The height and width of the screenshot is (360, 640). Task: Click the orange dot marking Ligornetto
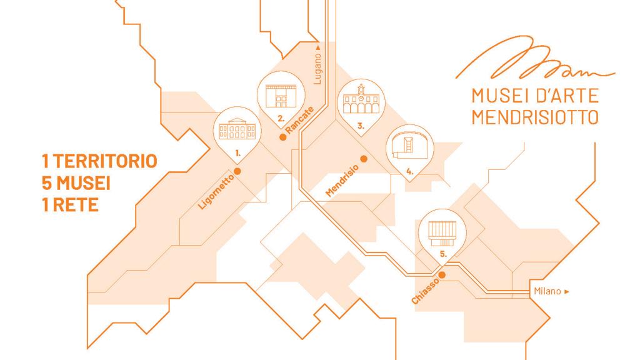(237, 171)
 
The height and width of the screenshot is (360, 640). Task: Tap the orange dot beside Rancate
(282, 137)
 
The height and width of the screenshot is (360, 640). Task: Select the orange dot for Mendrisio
(364, 159)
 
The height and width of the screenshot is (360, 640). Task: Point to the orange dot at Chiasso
(442, 275)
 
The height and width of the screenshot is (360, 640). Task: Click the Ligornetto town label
(216, 192)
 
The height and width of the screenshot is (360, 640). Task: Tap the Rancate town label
(300, 119)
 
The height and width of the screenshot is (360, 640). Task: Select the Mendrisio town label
(342, 181)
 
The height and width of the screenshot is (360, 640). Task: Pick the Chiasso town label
(425, 291)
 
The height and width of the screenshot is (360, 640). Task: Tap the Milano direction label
(551, 291)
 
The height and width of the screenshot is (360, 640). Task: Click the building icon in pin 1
(237, 129)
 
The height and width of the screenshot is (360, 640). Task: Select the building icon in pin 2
(281, 96)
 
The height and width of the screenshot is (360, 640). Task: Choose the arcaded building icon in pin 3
(361, 99)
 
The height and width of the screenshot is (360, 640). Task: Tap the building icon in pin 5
(442, 234)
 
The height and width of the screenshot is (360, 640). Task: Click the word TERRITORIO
(105, 161)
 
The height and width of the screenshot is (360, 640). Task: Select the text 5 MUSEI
(76, 183)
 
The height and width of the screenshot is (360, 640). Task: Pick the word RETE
(76, 204)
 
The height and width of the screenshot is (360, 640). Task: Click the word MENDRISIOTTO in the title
(535, 117)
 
